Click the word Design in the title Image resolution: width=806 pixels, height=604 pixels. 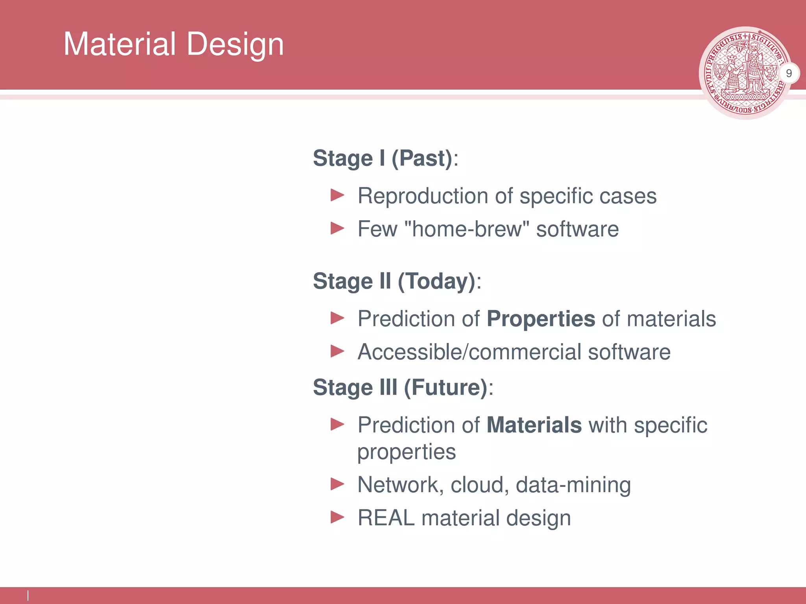pyautogui.click(x=235, y=44)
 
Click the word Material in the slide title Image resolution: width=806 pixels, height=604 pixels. pyautogui.click(x=120, y=44)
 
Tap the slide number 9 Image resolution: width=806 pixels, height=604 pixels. pyautogui.click(x=789, y=73)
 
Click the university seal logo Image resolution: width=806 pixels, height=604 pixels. pyautogui.click(x=745, y=73)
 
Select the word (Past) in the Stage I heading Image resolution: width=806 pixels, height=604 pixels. pyautogui.click(x=422, y=158)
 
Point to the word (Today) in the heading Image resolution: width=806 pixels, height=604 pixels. pyautogui.click(x=437, y=282)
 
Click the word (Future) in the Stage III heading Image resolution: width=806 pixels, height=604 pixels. pyautogui.click(x=446, y=388)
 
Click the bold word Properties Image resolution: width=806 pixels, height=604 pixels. pyautogui.click(x=541, y=319)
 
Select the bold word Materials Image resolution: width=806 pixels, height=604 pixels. pyautogui.click(x=534, y=425)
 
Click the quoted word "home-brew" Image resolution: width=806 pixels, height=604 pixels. pyautogui.click(x=467, y=229)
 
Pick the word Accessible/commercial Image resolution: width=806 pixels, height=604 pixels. pyautogui.click(x=469, y=352)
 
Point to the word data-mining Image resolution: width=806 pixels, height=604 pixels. pyautogui.click(x=573, y=485)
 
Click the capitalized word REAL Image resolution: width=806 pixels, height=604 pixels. pyautogui.click(x=386, y=517)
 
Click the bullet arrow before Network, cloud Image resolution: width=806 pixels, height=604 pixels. pyautogui.click(x=337, y=484)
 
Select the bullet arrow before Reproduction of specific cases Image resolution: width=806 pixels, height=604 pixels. pyautogui.click(x=337, y=195)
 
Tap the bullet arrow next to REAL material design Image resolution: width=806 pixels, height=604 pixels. pyautogui.click(x=337, y=517)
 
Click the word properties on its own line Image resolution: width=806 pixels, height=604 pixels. pyautogui.click(x=407, y=452)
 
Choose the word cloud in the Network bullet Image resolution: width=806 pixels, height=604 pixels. pyautogui.click(x=477, y=484)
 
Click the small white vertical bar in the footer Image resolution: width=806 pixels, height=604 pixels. pyautogui.click(x=28, y=595)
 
